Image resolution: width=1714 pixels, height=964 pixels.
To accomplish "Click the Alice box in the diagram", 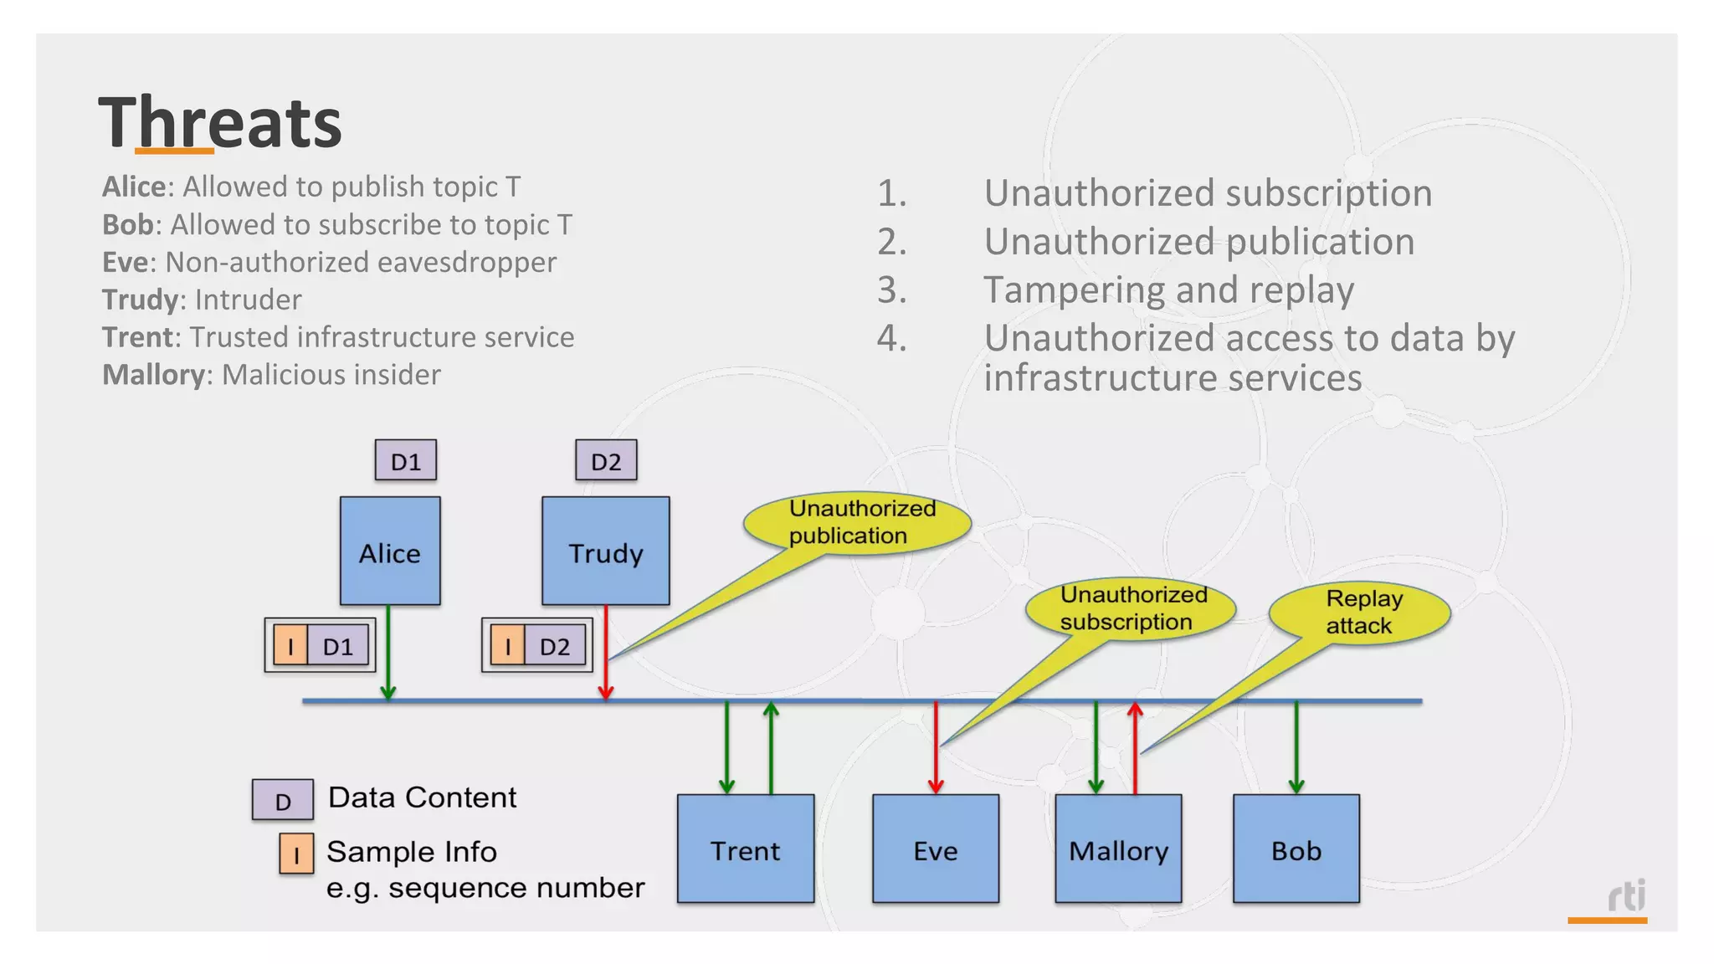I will [x=390, y=551].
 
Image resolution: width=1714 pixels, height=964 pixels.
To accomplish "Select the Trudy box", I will [x=605, y=551].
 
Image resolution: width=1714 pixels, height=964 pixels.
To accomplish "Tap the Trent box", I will [x=745, y=849].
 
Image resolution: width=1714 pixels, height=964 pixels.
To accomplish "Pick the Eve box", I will [x=935, y=849].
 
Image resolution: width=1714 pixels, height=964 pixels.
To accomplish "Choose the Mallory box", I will [x=1118, y=849].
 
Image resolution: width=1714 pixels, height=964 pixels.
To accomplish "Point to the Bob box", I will [x=1296, y=849].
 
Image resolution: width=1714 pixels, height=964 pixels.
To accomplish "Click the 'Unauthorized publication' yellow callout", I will [x=858, y=523].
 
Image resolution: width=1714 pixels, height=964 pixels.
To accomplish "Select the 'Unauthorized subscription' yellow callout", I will [x=1132, y=608].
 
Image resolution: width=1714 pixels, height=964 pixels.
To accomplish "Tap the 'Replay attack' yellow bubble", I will [x=1361, y=613].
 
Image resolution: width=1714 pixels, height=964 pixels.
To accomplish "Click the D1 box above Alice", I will [x=406, y=460].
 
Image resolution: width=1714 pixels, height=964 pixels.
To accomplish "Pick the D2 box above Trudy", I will [x=606, y=460].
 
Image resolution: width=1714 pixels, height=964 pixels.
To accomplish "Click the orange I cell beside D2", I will [x=507, y=646].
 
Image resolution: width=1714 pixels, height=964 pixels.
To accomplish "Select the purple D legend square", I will [x=283, y=800].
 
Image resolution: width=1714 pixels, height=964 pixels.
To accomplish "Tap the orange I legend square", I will [x=296, y=854].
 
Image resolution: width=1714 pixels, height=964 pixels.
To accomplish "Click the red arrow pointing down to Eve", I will [x=936, y=746].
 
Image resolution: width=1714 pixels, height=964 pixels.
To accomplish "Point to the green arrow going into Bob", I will [x=1296, y=746].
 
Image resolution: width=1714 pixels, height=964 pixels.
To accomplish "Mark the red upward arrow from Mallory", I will [x=1135, y=746].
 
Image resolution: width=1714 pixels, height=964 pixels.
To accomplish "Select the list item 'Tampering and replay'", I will [x=1168, y=290].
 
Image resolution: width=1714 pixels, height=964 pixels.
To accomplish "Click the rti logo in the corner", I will [x=1626, y=897].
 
